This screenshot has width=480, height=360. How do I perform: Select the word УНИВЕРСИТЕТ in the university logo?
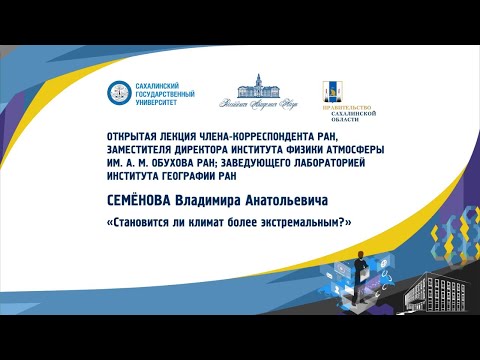(159, 107)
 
